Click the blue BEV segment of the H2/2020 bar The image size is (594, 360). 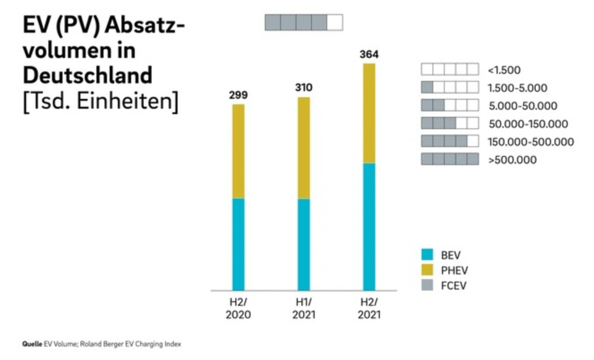(x=238, y=244)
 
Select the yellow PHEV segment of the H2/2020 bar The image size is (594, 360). (x=238, y=151)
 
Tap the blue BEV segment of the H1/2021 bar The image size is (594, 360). (x=304, y=244)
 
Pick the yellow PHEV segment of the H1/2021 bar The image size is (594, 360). (x=304, y=147)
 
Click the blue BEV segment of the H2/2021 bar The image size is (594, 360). (x=369, y=226)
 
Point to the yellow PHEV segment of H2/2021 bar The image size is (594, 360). (x=369, y=113)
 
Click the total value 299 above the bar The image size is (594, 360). (x=238, y=95)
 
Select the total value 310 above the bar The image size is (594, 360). (x=304, y=88)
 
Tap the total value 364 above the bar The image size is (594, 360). (x=369, y=55)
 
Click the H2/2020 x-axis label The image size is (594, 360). (x=238, y=308)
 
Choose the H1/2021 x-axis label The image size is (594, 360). (x=304, y=308)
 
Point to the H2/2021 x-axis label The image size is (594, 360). (x=369, y=308)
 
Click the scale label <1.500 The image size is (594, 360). (x=504, y=70)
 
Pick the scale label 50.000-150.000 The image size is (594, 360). (x=527, y=124)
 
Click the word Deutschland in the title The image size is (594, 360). (x=87, y=75)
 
